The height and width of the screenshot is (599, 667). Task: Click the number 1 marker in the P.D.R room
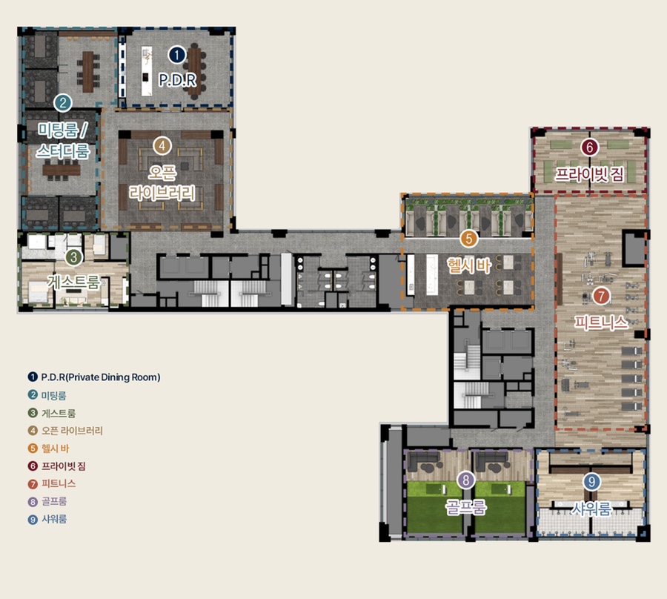177,55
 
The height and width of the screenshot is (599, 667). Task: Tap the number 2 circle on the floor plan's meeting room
63,103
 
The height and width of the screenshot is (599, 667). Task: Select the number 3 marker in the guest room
74,257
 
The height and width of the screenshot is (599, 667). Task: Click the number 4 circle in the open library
162,146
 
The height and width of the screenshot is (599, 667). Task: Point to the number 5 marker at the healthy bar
469,239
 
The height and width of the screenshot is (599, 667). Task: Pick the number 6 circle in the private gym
590,148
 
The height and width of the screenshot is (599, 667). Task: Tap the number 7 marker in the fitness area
601,296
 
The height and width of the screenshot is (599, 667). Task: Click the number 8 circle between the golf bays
466,480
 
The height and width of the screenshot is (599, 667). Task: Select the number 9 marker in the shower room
591,482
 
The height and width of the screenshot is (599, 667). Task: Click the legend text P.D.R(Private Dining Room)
101,377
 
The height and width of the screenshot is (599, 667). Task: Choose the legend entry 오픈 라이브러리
72,431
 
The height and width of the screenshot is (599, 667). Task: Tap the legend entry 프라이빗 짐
64,466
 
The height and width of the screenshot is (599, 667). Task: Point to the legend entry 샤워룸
54,519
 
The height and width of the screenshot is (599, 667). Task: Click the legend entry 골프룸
54,501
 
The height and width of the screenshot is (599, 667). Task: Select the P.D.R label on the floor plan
177,80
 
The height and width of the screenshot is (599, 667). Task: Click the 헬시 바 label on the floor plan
469,265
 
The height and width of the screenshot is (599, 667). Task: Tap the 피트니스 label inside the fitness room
601,322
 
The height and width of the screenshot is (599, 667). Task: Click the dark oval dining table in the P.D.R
194,71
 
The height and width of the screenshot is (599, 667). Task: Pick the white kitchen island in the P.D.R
146,71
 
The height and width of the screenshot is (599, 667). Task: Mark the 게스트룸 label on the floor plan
74,282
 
